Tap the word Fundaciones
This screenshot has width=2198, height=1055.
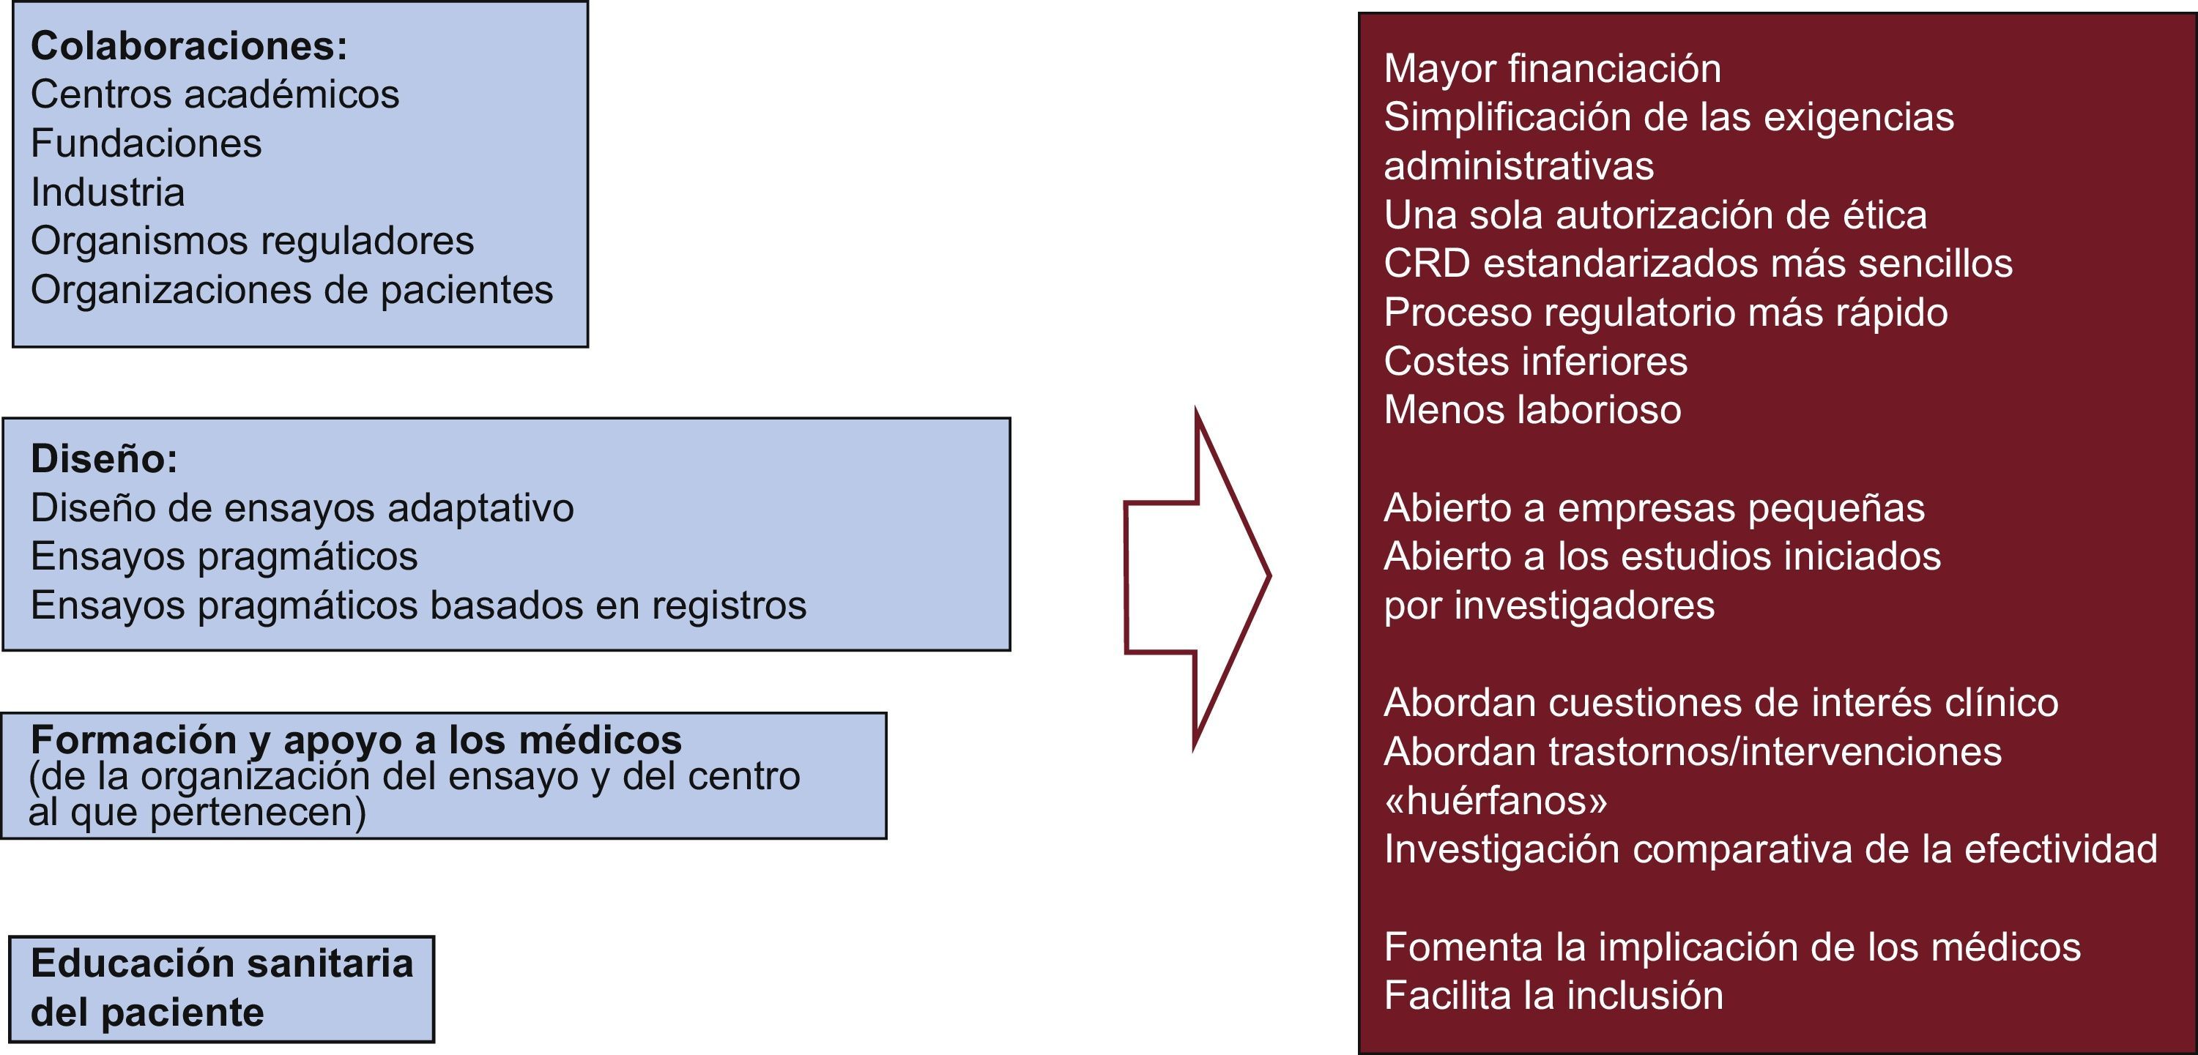146,143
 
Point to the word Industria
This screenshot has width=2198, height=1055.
108,192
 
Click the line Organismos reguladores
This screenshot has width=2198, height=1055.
252,242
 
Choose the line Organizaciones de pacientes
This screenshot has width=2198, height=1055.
292,290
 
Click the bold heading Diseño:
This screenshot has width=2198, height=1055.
104,459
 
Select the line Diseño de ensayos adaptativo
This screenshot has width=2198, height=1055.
302,508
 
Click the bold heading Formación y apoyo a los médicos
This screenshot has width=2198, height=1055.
356,739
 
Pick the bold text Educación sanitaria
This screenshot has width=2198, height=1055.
222,963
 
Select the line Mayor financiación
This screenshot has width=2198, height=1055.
1552,69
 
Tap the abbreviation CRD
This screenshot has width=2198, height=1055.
1427,264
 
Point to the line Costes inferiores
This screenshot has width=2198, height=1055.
1535,362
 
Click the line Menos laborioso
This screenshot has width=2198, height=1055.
1531,410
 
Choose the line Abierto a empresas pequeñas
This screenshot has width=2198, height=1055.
1654,508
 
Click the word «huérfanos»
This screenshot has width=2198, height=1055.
1495,801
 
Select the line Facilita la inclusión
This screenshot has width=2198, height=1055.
1553,996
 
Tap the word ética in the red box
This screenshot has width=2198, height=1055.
1884,215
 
